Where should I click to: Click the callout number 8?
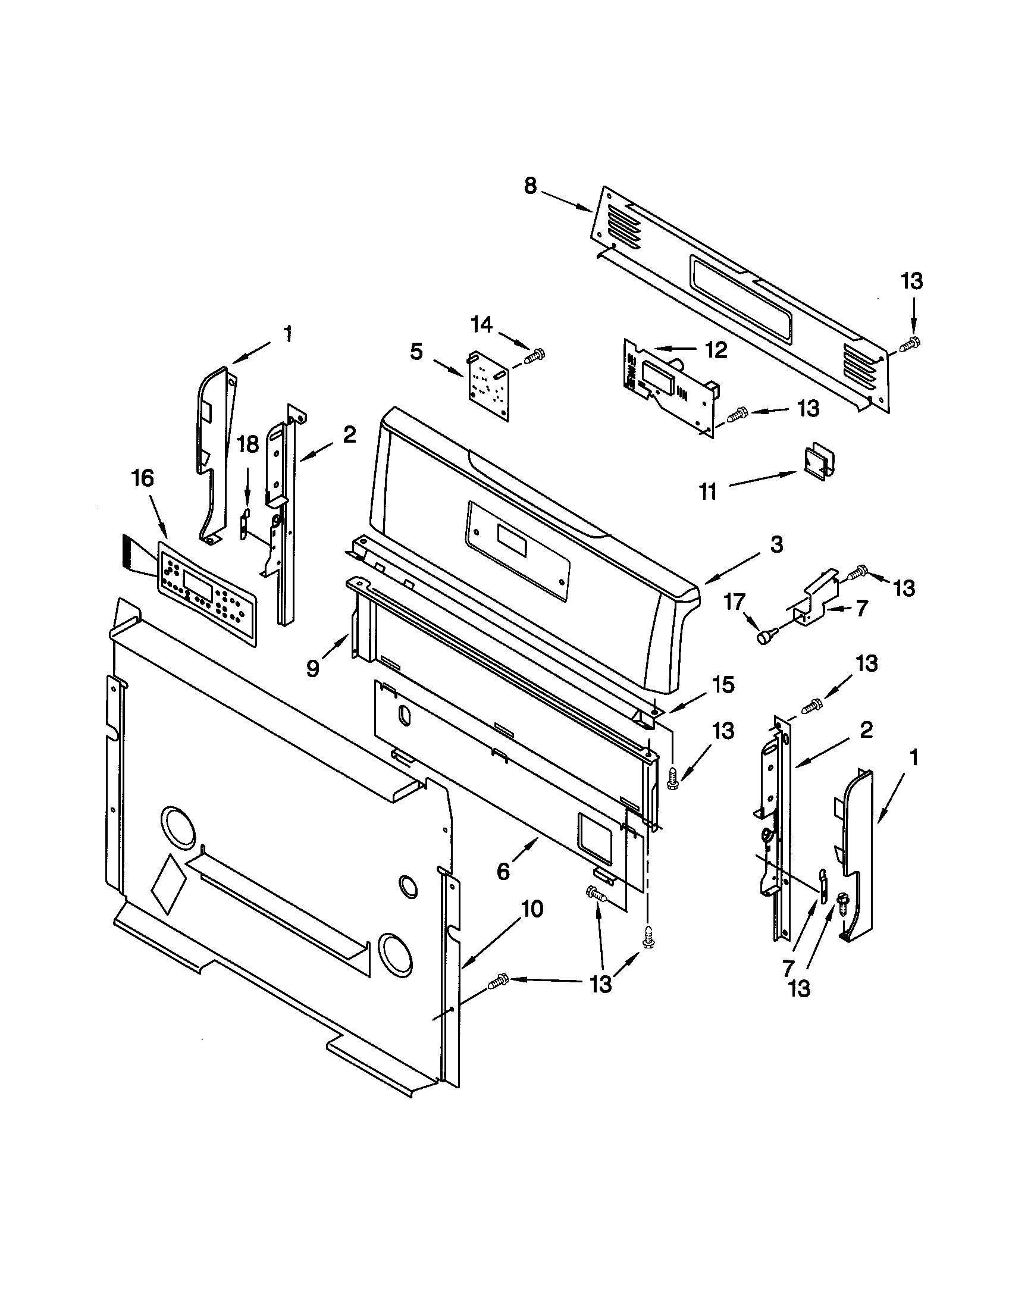pyautogui.click(x=530, y=186)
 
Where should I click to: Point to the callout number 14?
pyautogui.click(x=481, y=325)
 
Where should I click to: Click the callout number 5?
pyautogui.click(x=416, y=352)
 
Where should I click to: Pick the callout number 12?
pyautogui.click(x=716, y=349)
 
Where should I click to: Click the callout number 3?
pyautogui.click(x=776, y=545)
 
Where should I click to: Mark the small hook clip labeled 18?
pyautogui.click(x=245, y=524)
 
